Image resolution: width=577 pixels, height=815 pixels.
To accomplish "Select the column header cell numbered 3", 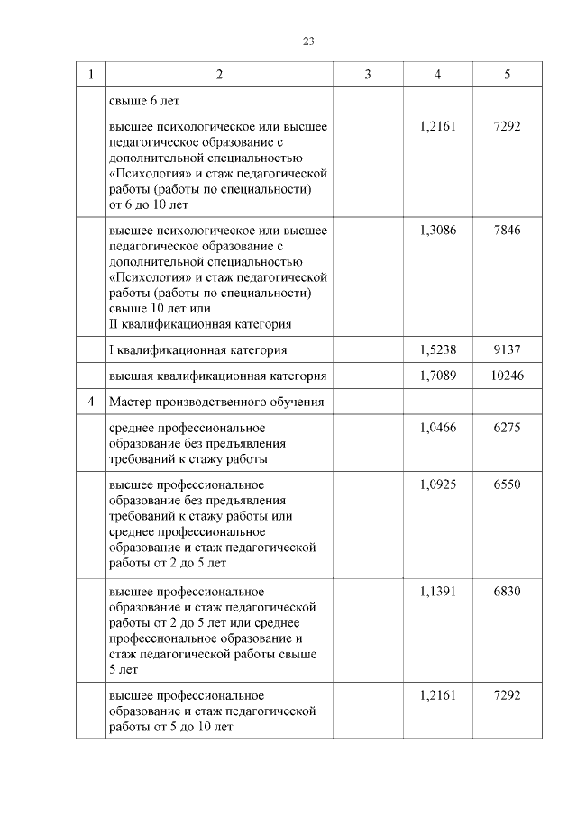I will click(x=368, y=75).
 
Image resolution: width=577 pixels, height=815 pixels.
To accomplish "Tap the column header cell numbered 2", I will click(x=219, y=75).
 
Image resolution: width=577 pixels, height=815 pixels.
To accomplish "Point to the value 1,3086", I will click(x=437, y=230).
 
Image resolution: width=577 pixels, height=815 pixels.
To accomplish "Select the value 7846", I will click(x=508, y=230).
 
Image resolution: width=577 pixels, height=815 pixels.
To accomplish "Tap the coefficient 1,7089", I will click(x=437, y=375).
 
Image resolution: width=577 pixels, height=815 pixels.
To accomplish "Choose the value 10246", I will click(x=508, y=375).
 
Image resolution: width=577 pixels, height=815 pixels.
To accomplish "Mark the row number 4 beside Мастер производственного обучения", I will click(x=90, y=401).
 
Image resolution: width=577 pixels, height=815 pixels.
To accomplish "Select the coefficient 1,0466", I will click(x=437, y=428).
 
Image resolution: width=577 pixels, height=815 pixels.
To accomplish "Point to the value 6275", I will click(x=508, y=428).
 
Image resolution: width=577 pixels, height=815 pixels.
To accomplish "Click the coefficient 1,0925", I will click(x=437, y=484).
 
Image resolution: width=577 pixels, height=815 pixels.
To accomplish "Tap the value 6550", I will click(x=508, y=484).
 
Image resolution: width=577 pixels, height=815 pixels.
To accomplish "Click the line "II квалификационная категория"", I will click(x=199, y=324).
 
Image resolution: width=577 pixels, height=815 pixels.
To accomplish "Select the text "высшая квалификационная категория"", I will click(x=216, y=375).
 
